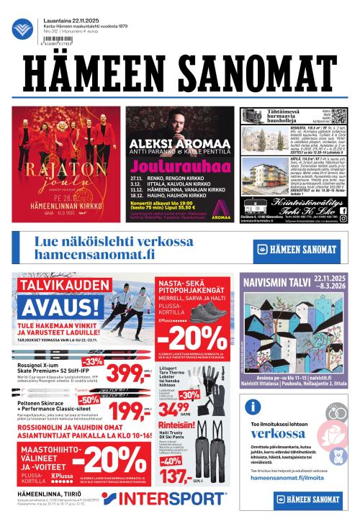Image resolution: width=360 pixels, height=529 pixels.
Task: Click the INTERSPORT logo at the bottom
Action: [x=163, y=499]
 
